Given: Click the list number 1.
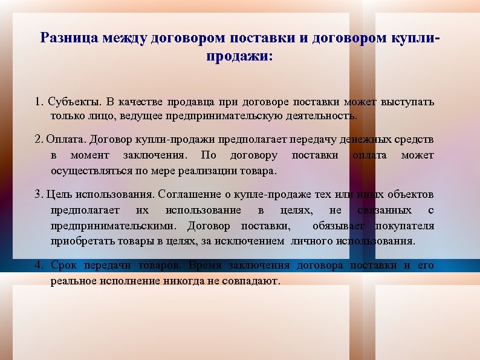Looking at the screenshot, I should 38,100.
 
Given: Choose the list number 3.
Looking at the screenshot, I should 38,195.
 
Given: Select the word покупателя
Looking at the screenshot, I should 404,226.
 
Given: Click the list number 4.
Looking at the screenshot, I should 39,266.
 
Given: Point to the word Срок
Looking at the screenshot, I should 63,266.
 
